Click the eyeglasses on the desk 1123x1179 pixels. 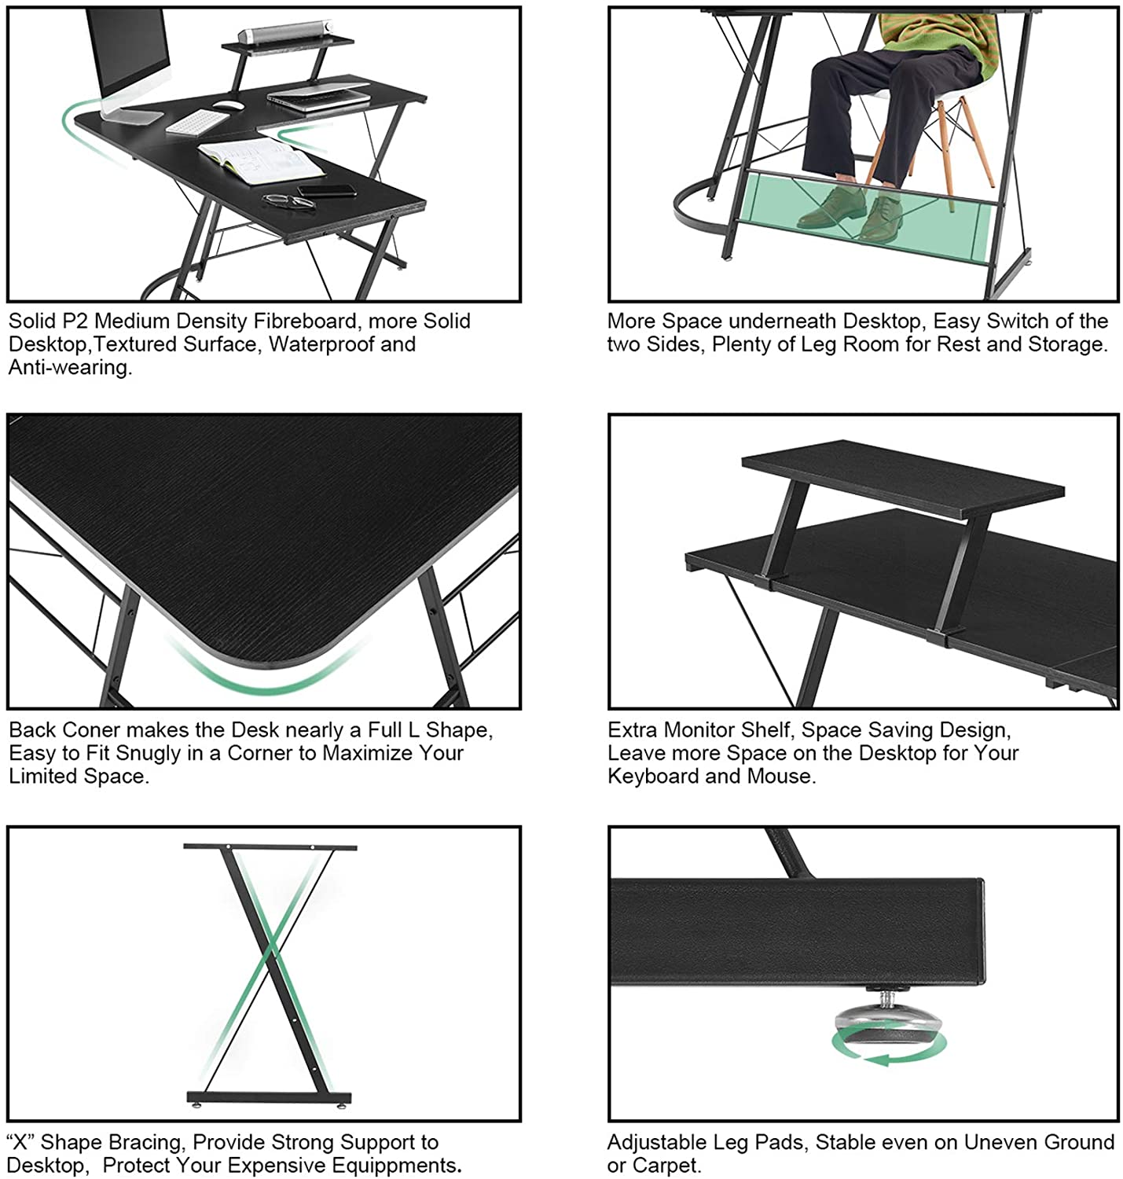coord(288,201)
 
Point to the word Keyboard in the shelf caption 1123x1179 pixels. coord(653,777)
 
